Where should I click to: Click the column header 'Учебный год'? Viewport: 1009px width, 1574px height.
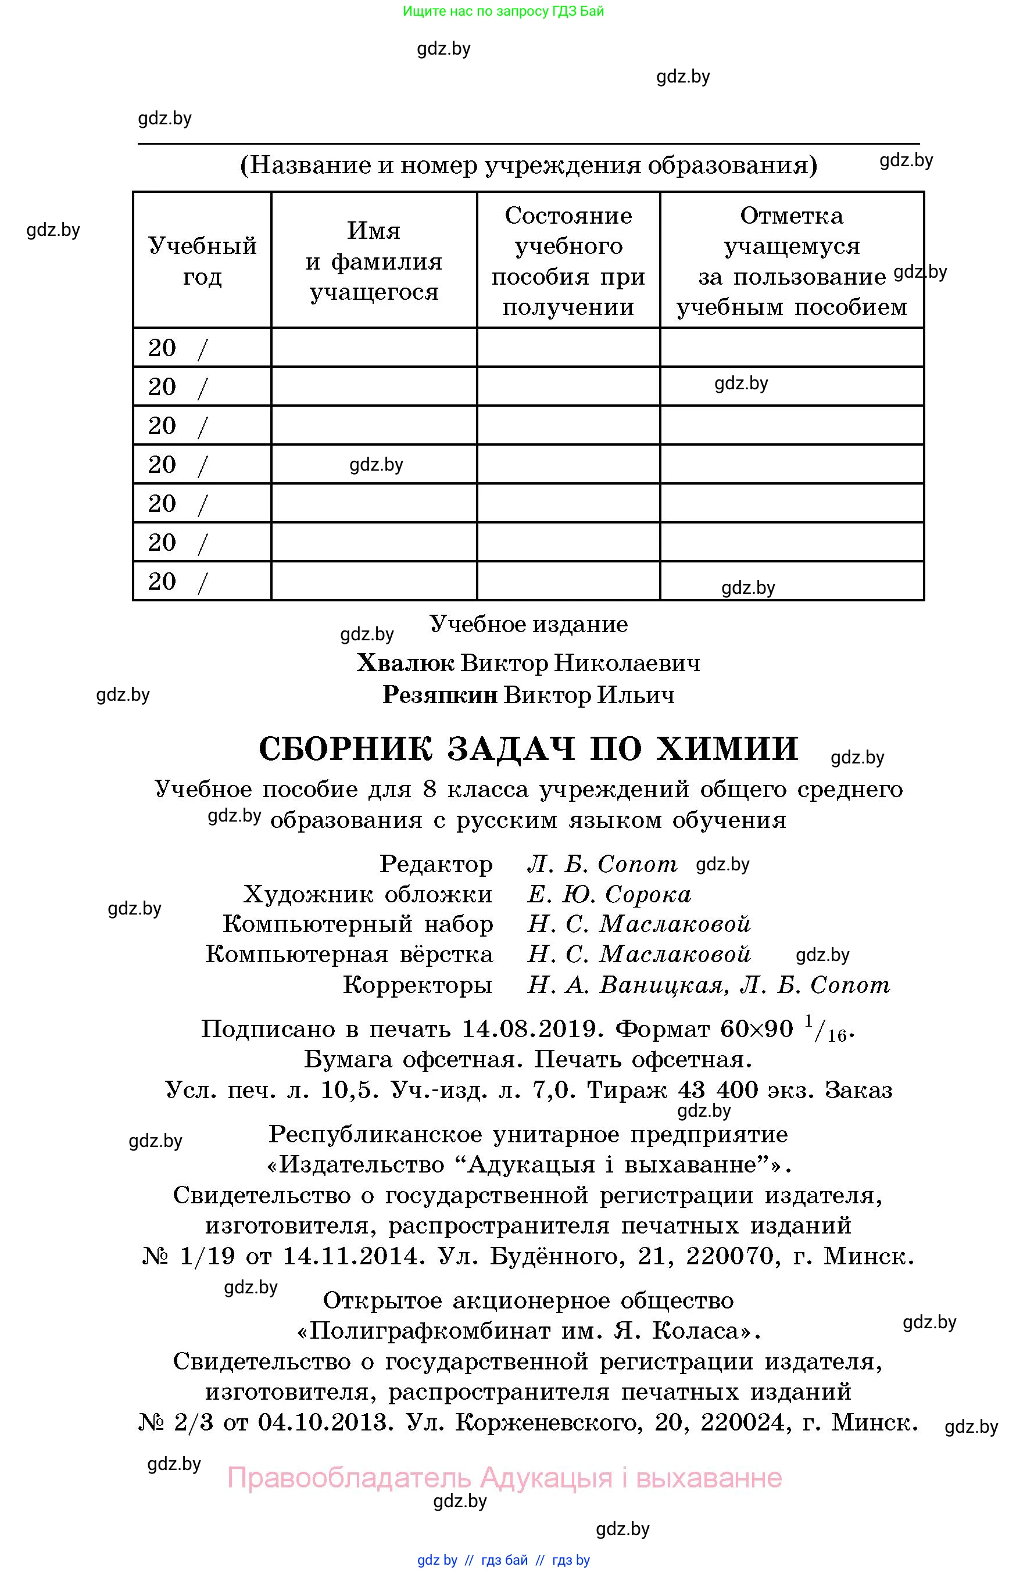202,261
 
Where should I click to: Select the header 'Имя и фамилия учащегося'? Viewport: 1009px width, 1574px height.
374,261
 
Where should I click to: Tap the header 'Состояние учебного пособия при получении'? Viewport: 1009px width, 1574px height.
568,261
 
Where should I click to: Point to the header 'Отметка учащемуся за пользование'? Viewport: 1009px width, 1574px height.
792,261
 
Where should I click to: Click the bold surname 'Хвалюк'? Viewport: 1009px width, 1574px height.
405,663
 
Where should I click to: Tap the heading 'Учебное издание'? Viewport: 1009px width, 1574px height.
529,624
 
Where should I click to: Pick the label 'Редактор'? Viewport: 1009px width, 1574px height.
436,864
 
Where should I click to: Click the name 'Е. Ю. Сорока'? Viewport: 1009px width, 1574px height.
609,894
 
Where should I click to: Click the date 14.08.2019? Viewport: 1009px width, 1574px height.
532,1029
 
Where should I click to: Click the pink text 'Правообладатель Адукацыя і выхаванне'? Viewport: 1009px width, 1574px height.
504,1478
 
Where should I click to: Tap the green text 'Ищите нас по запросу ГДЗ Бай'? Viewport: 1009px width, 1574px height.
503,11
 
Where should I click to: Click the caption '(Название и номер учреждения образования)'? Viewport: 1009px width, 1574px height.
529,165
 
